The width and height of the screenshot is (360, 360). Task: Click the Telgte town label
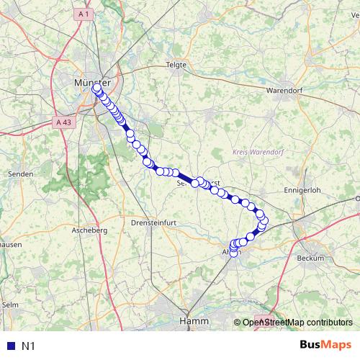(176, 64)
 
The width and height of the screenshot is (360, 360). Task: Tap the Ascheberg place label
(89, 230)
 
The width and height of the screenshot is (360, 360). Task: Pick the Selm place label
(10, 305)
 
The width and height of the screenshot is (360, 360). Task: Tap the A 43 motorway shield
(63, 122)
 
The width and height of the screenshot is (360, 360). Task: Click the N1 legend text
(28, 346)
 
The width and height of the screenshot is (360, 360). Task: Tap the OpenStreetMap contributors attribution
(297, 323)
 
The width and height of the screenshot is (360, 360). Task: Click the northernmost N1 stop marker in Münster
(96, 88)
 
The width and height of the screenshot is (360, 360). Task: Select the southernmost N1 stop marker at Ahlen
(233, 252)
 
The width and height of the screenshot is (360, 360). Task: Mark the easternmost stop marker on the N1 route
(264, 220)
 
